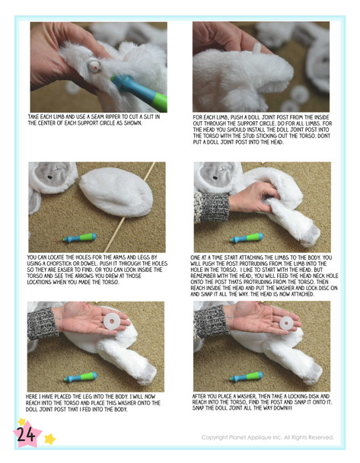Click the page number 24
(26, 434)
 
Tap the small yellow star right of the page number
(50, 439)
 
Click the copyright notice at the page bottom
(268, 437)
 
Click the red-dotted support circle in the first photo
(94, 65)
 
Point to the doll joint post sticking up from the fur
(256, 47)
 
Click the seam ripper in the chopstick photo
(80, 238)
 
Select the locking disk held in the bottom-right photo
(286, 323)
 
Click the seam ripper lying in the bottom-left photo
(80, 377)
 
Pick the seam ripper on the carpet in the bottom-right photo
(246, 377)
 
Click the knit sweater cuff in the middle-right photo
(212, 207)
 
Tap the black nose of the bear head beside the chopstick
(50, 177)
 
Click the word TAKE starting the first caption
(33, 117)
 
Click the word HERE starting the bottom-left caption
(32, 397)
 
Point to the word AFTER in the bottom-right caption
(199, 396)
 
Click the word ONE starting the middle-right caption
(196, 257)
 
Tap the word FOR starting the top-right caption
(198, 117)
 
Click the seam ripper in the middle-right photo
(247, 238)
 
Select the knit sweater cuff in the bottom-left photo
(42, 324)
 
